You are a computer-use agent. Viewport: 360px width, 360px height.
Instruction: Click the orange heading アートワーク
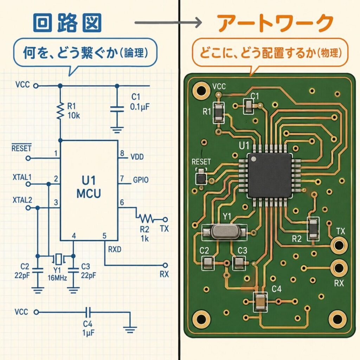pos(274,24)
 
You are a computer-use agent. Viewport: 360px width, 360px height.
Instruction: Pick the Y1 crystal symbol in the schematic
pos(57,259)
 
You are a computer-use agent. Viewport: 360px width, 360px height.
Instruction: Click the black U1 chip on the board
pos(269,175)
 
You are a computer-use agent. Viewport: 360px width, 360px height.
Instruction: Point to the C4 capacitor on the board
pos(260,302)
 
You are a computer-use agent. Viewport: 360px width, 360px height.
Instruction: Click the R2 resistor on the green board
pos(313,228)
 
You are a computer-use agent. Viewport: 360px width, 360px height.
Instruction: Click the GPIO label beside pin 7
pos(141,180)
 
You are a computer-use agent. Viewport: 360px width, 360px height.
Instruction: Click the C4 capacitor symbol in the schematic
pos(88,312)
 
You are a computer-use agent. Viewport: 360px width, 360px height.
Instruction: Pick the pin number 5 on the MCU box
pos(104,236)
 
